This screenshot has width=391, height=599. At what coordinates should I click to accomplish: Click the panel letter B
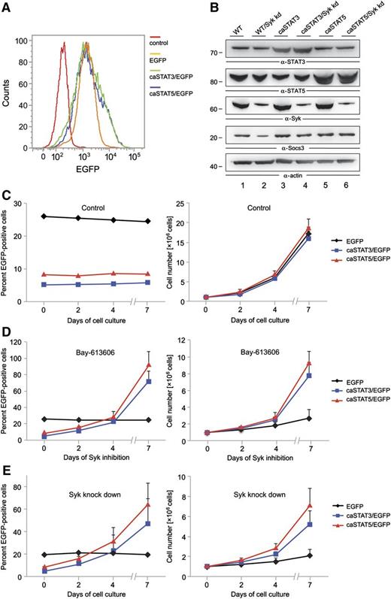pos(202,8)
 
